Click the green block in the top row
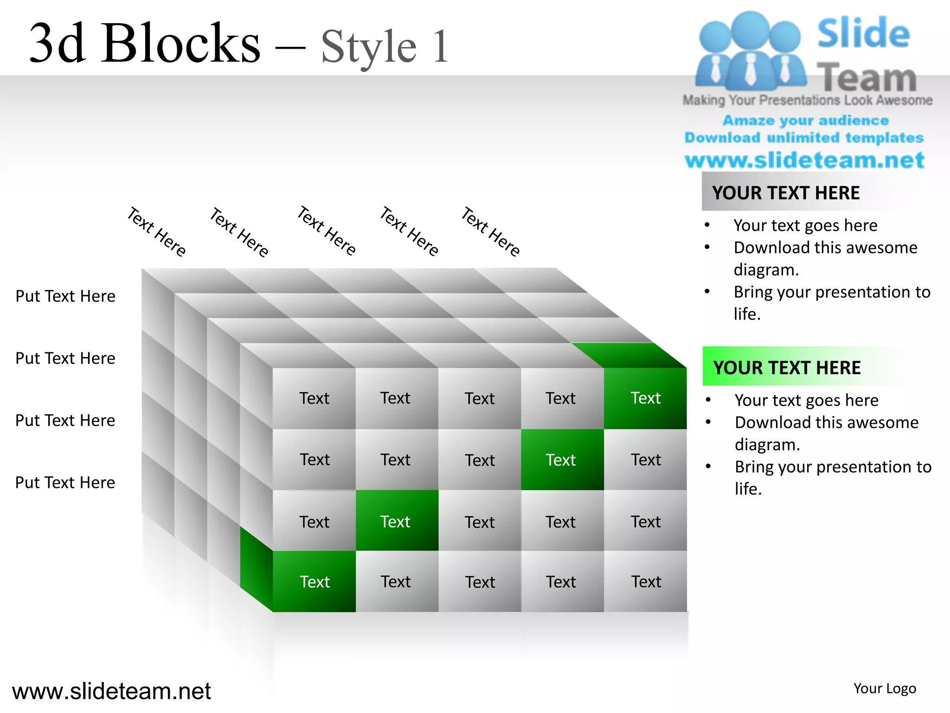point(645,398)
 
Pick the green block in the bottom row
point(314,582)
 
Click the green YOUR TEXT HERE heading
point(787,367)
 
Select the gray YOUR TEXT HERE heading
point(786,193)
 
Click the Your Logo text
point(885,688)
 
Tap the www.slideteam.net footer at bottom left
point(111,691)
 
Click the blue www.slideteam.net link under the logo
point(804,160)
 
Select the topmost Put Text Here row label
point(65,296)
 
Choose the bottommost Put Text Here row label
point(65,483)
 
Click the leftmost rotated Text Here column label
point(157,232)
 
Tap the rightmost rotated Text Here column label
point(491,232)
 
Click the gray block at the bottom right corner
point(645,582)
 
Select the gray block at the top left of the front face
point(314,398)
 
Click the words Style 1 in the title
point(385,46)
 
